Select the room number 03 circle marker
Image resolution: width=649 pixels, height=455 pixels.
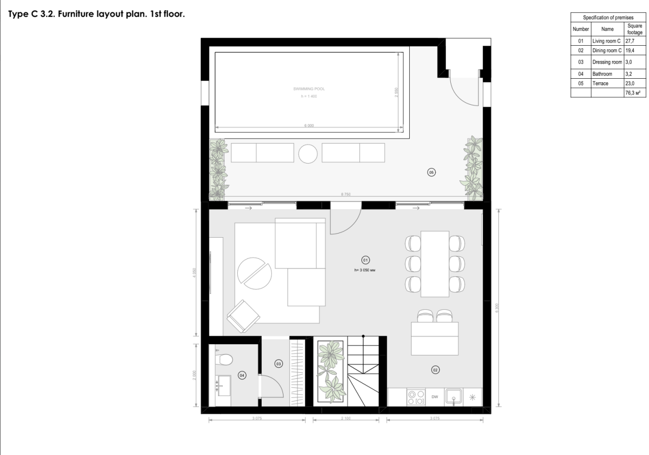pyautogui.click(x=278, y=363)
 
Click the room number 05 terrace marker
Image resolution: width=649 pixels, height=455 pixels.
pyautogui.click(x=431, y=173)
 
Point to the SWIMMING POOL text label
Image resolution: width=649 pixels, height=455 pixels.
pyautogui.click(x=309, y=89)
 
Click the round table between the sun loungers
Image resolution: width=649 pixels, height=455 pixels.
pyautogui.click(x=308, y=153)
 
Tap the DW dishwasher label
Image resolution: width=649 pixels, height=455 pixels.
pyautogui.click(x=435, y=397)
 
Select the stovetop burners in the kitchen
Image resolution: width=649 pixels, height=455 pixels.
pyautogui.click(x=416, y=397)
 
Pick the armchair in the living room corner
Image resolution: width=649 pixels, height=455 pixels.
pyautogui.click(x=243, y=315)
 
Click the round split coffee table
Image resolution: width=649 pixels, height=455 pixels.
pyautogui.click(x=255, y=273)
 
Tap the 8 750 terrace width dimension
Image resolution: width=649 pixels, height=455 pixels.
pyautogui.click(x=346, y=194)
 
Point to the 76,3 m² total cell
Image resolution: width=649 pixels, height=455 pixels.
pyautogui.click(x=633, y=93)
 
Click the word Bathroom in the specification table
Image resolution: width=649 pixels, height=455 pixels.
pyautogui.click(x=602, y=74)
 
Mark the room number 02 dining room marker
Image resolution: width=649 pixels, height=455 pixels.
pyautogui.click(x=435, y=369)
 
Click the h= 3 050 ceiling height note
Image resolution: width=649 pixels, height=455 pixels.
pyautogui.click(x=365, y=270)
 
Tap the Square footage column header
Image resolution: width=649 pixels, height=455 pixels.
pyautogui.click(x=634, y=29)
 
